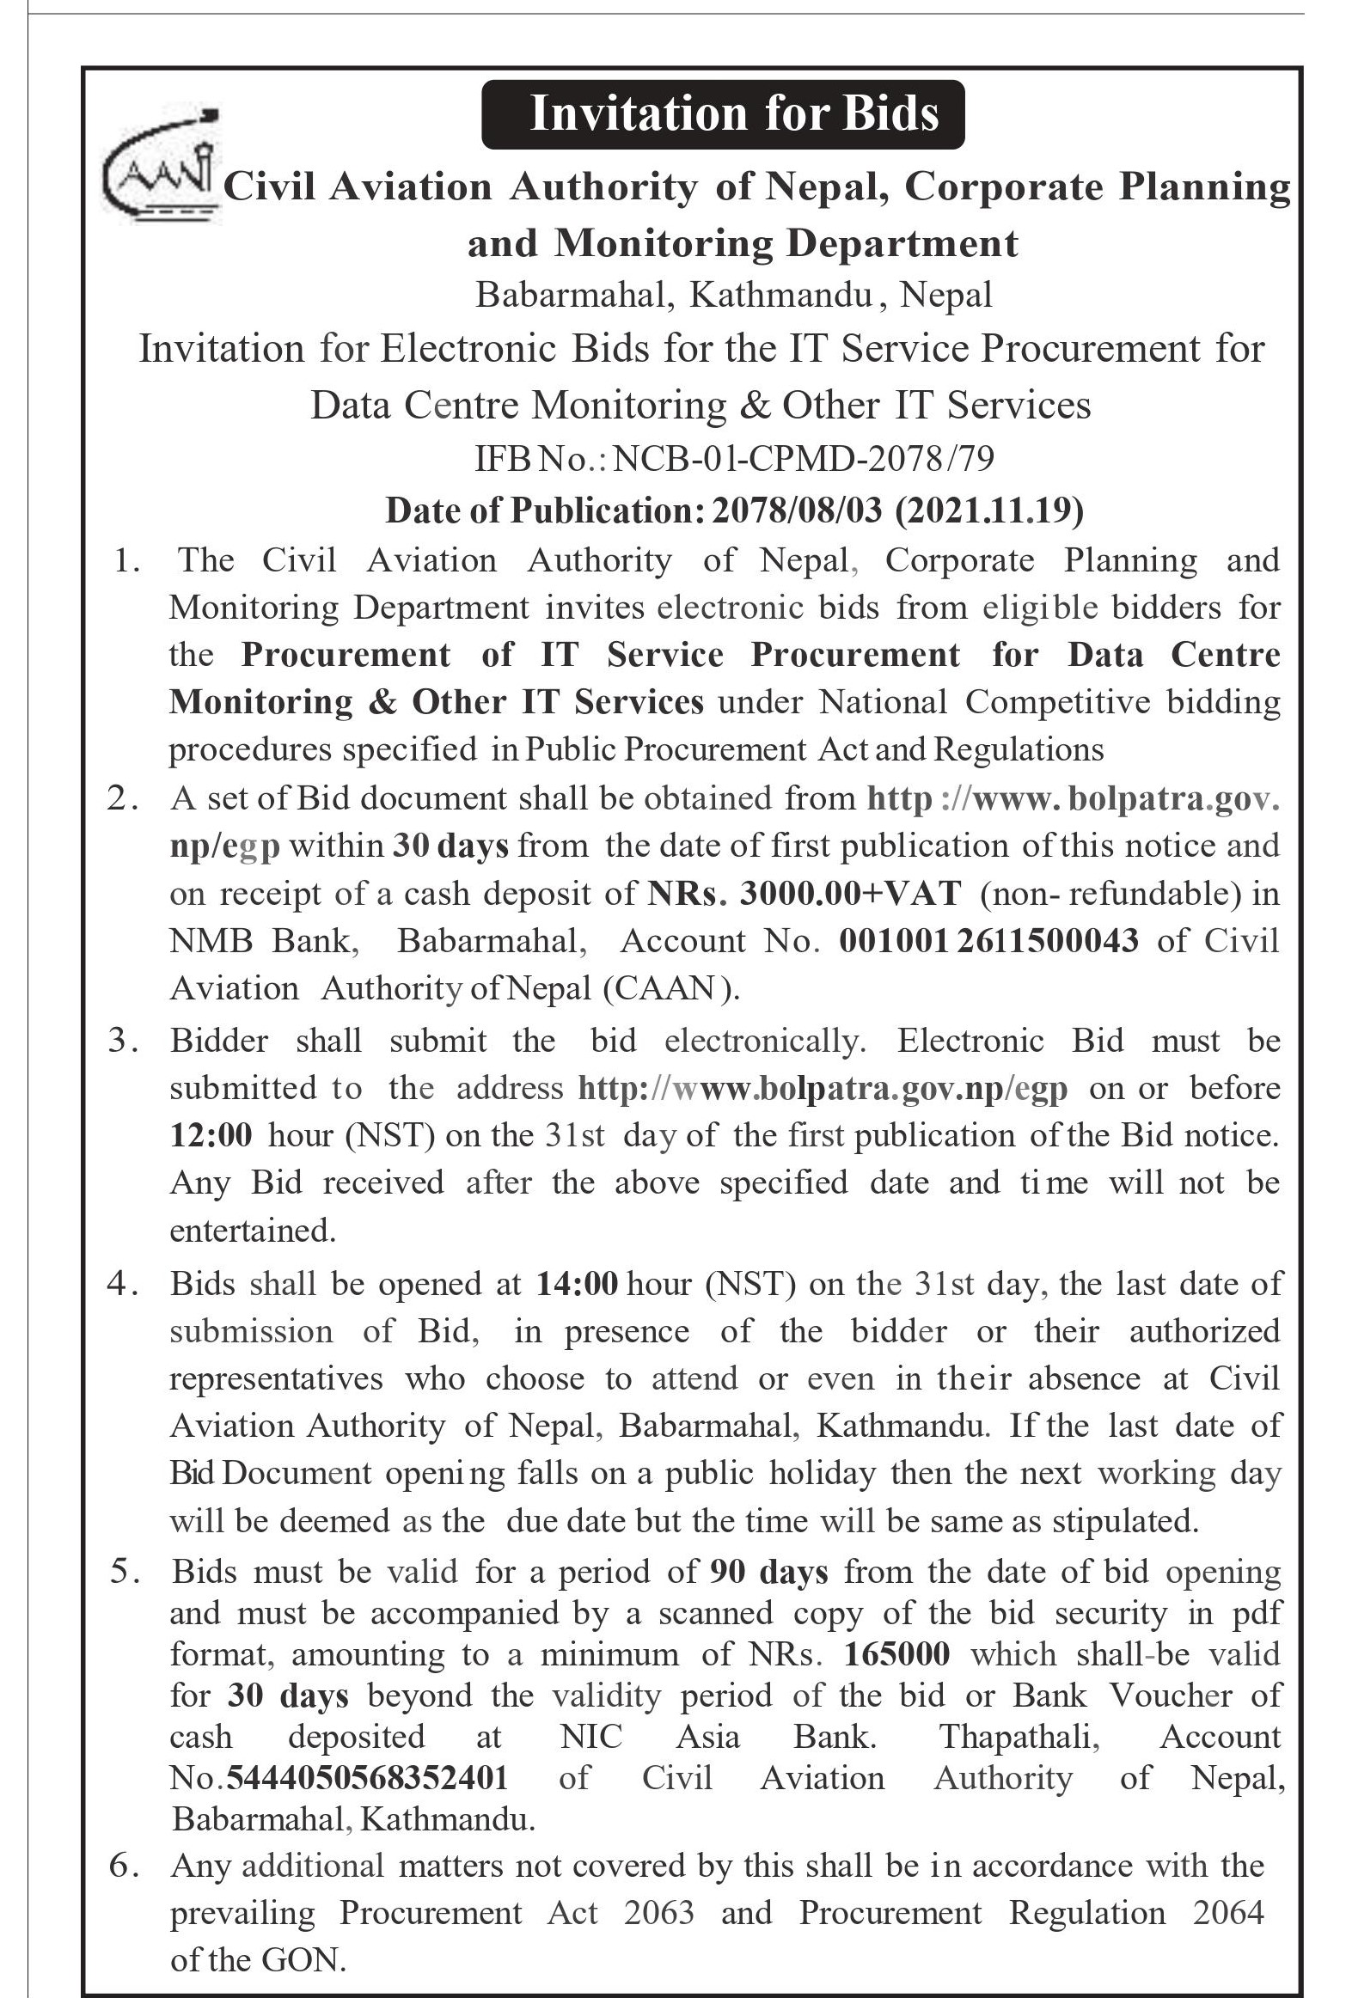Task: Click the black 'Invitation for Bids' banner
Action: (722, 114)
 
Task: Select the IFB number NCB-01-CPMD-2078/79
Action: (805, 459)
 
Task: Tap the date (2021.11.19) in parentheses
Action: (989, 510)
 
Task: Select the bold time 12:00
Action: (211, 1136)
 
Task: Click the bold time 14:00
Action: (577, 1284)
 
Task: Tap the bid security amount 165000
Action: (897, 1654)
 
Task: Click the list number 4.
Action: (119, 1284)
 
